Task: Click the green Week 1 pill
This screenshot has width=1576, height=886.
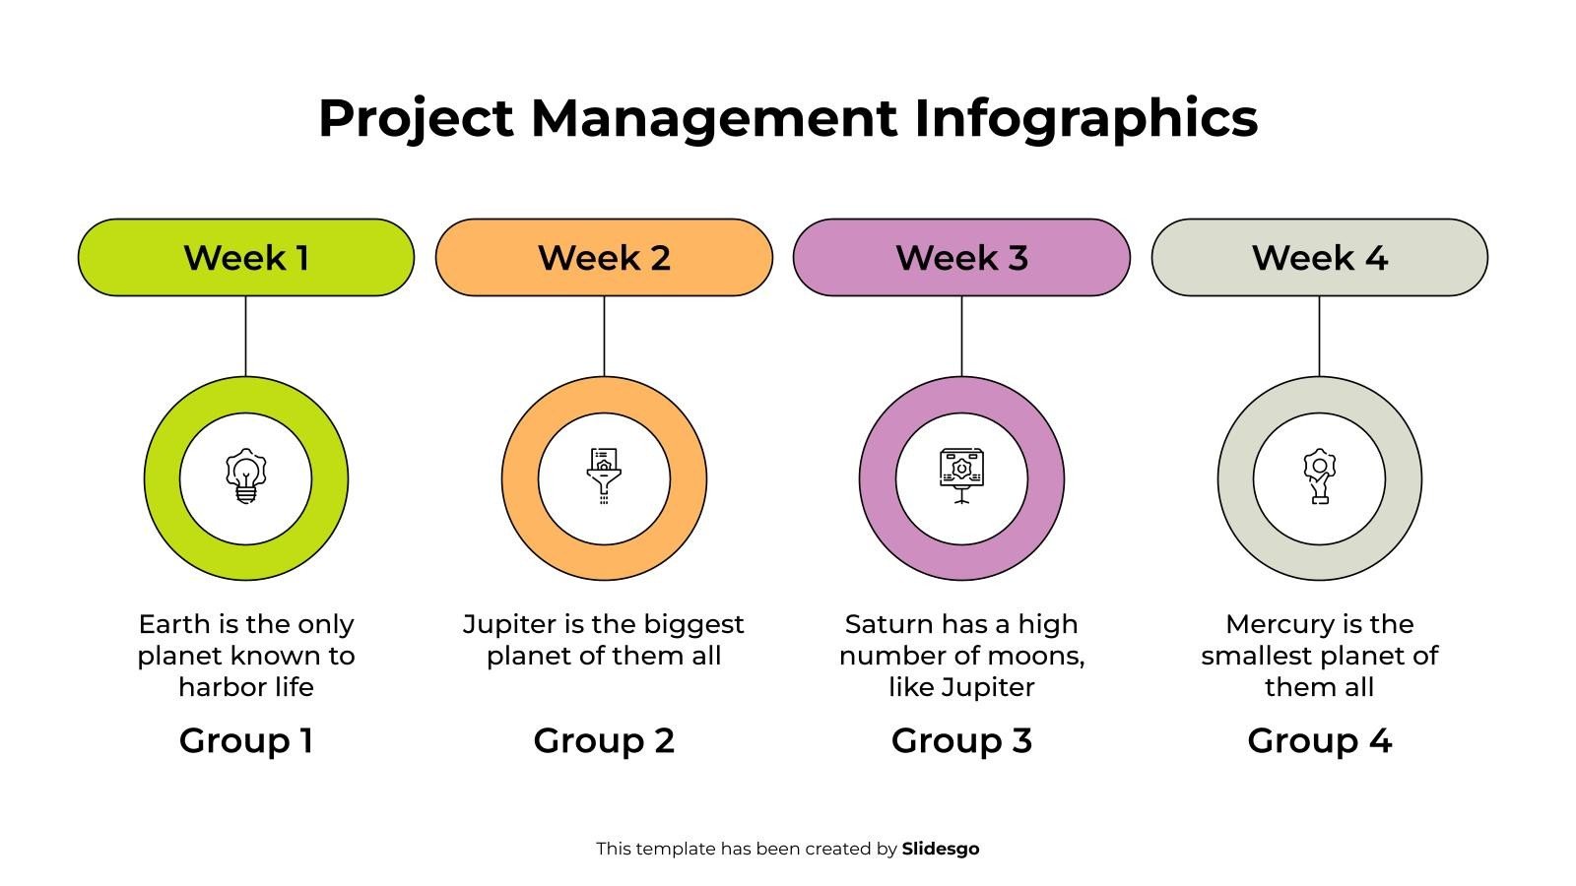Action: (246, 257)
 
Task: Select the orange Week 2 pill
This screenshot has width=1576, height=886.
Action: (604, 257)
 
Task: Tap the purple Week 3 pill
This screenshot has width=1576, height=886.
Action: (961, 257)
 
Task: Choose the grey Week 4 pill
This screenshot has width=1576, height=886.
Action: (1319, 257)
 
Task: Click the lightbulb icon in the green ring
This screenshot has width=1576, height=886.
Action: (245, 476)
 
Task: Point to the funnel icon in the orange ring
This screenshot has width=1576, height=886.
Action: (604, 476)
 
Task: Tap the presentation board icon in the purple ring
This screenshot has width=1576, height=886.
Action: (961, 476)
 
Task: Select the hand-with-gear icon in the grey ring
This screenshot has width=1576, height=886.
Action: (1319, 476)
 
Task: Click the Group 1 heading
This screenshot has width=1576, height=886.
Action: (246, 740)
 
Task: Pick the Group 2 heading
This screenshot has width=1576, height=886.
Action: (604, 740)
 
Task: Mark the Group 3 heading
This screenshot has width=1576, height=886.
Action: (961, 740)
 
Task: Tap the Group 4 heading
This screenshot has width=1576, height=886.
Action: (1319, 740)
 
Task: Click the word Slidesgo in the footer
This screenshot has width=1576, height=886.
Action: (940, 849)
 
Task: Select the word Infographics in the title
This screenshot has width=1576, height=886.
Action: (1085, 118)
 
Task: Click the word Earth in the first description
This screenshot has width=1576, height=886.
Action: (174, 624)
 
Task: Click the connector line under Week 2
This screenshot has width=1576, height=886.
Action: (604, 335)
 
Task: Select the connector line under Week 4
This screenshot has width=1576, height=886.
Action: (1319, 335)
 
